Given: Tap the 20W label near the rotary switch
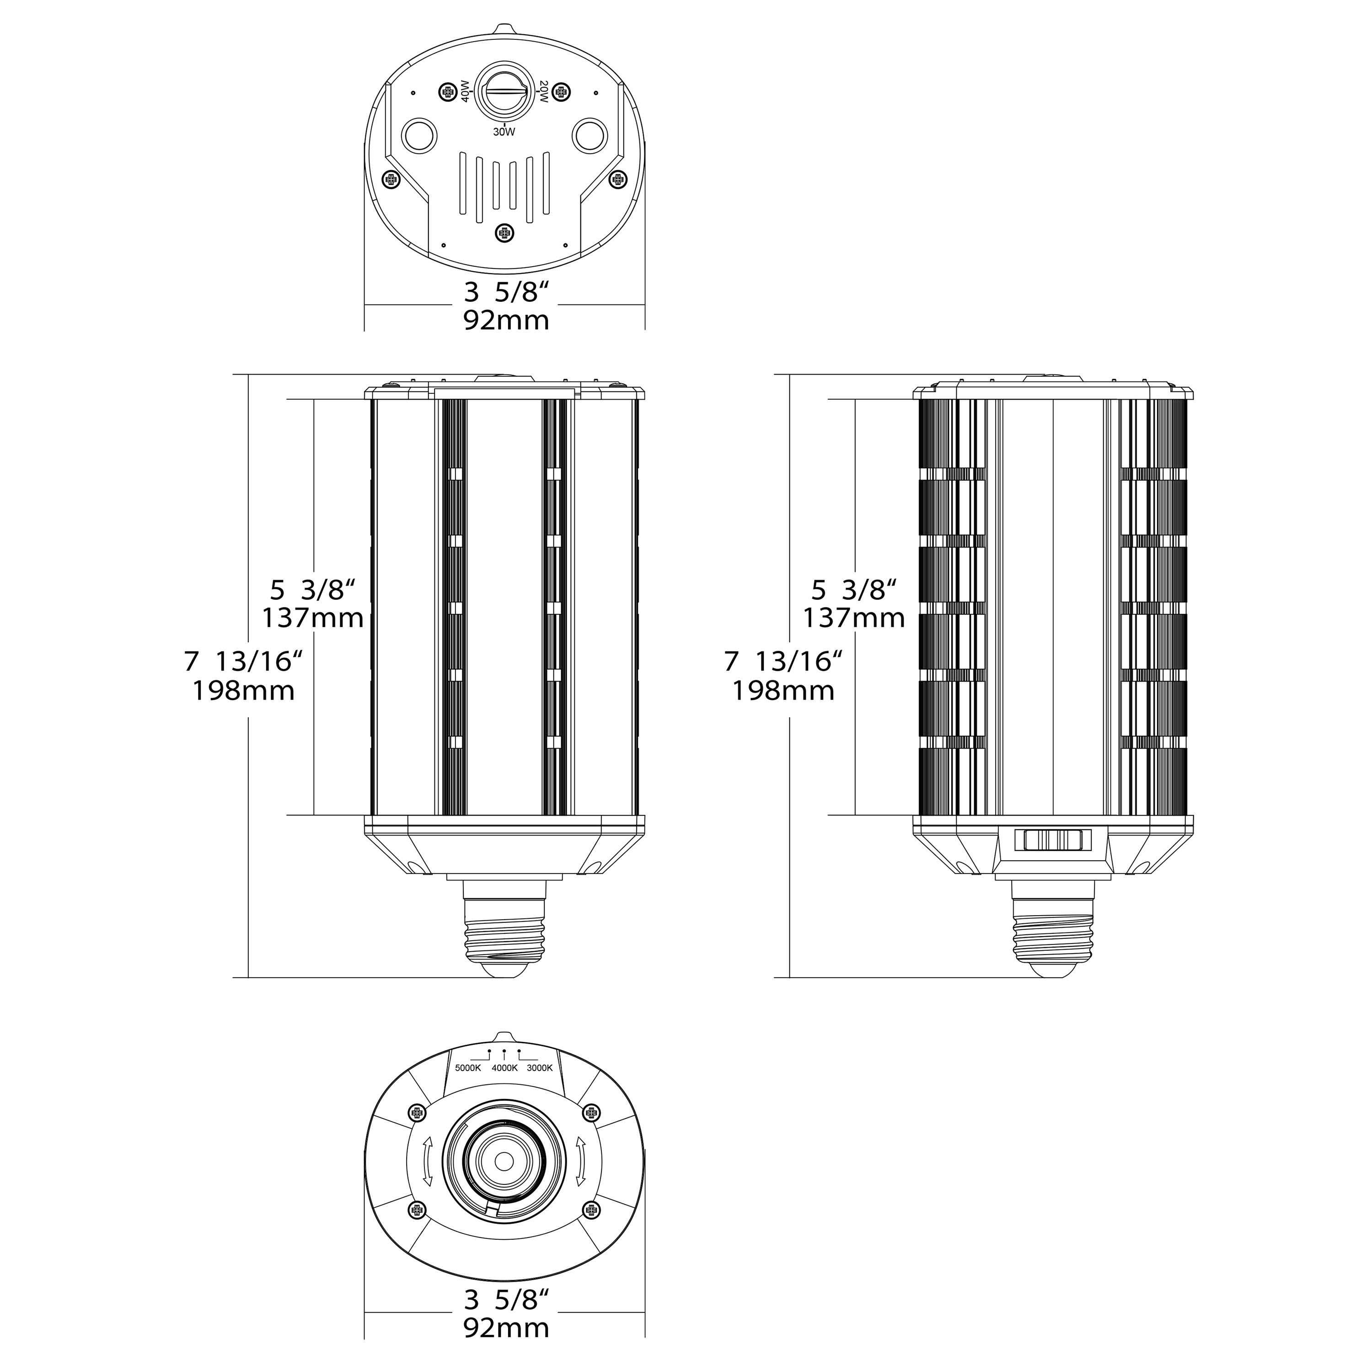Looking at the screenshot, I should point(543,91).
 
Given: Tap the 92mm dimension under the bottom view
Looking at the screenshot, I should point(506,1327).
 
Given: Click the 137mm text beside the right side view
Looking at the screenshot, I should point(853,618).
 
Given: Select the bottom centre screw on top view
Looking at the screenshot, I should point(504,232).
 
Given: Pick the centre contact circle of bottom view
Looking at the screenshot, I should point(504,1161).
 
